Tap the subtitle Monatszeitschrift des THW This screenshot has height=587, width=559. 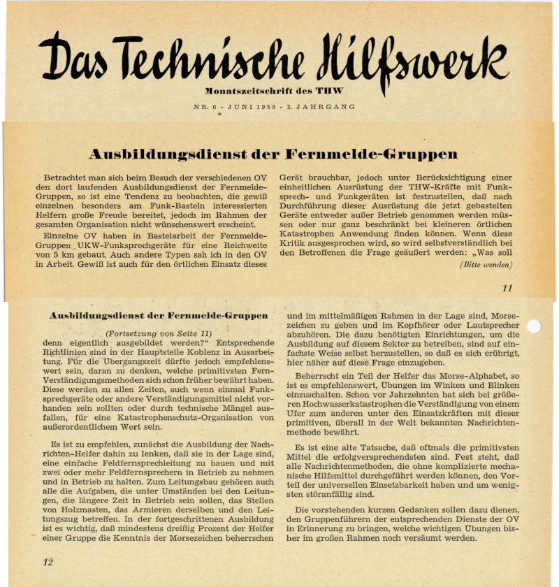point(274,92)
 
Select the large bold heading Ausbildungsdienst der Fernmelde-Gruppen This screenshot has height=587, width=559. point(273,154)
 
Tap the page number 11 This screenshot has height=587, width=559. point(507,288)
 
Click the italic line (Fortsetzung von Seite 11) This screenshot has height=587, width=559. point(158,333)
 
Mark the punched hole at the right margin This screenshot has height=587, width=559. point(533,326)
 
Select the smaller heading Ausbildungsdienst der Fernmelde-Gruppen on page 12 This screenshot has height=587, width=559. point(158,316)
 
